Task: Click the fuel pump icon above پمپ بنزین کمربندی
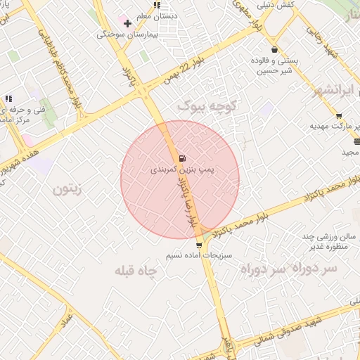[183, 157]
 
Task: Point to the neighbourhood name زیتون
[68, 188]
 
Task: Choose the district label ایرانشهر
[333, 92]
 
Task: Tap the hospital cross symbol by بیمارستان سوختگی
[127, 23]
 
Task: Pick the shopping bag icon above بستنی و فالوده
[274, 50]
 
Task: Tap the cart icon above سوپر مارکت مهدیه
[339, 116]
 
